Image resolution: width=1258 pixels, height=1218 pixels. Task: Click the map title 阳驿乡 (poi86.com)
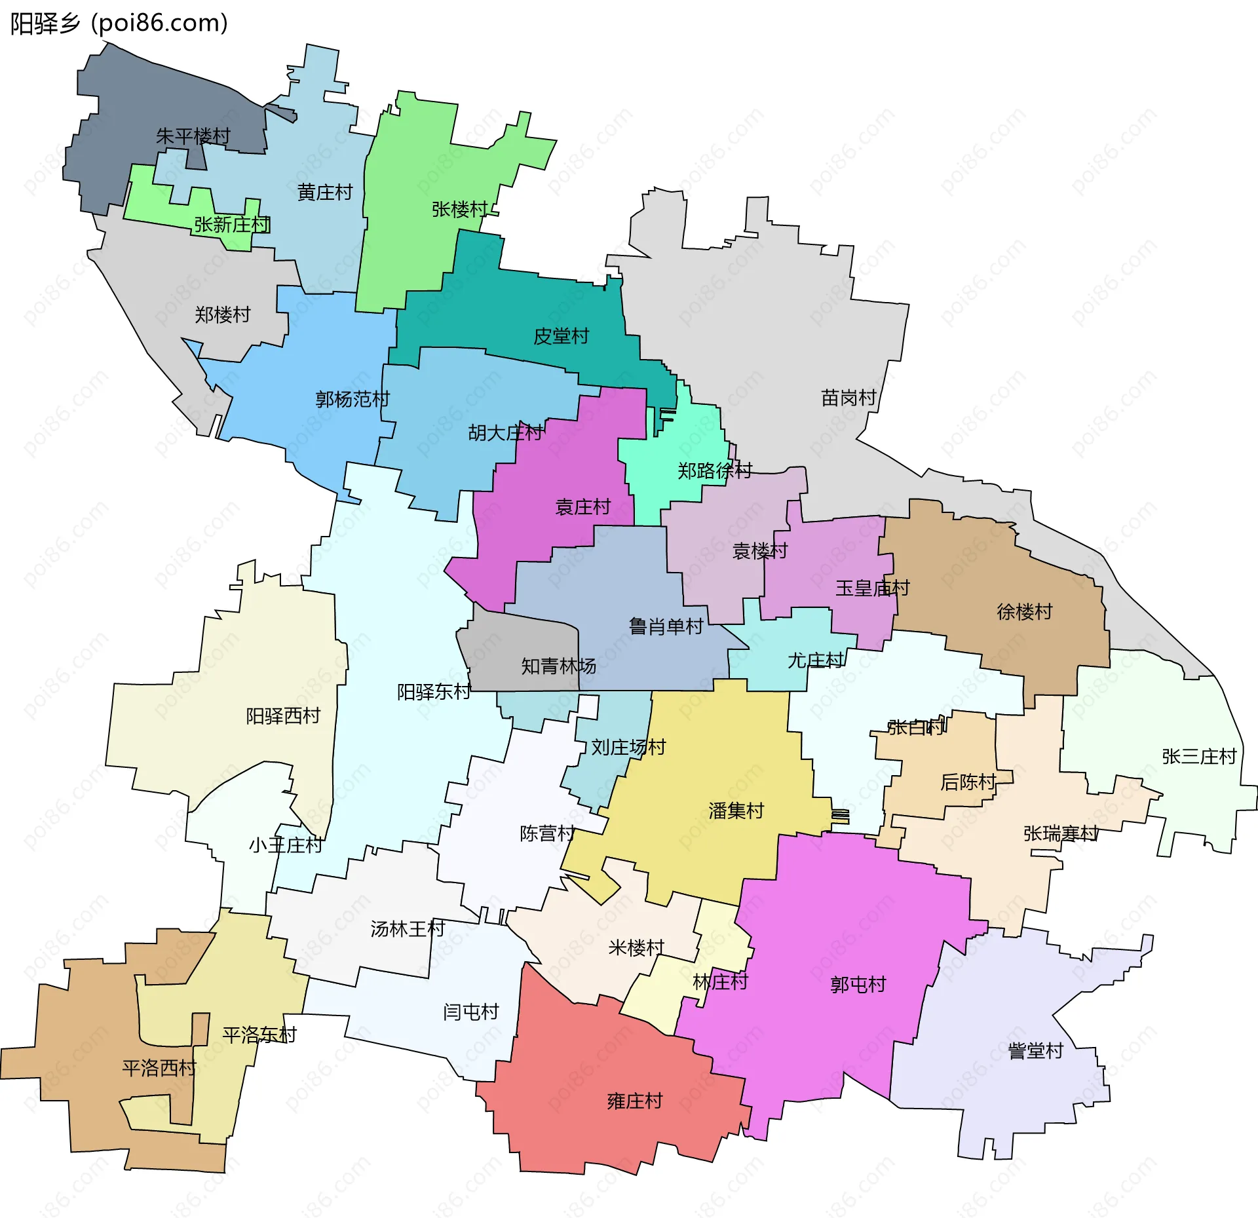pos(119,24)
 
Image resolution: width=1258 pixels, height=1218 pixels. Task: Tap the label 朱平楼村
pos(193,136)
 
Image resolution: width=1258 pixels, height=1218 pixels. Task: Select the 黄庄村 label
pos(325,193)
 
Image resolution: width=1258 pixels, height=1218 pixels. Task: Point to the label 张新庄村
pos(232,225)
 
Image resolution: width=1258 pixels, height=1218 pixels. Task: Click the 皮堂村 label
pos(562,336)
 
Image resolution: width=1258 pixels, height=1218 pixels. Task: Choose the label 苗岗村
pos(848,398)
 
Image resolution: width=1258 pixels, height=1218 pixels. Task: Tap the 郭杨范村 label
pos(353,399)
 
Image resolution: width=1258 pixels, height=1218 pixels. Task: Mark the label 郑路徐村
pos(715,470)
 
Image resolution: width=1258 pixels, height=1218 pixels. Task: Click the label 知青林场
pos(558,666)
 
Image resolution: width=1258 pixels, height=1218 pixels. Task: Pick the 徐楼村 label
pos(1025,612)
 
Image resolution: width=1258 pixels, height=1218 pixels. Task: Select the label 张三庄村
pos(1199,757)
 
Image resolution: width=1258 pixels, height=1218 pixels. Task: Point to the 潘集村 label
pos(736,811)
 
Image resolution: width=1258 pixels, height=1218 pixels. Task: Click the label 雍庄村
pos(635,1101)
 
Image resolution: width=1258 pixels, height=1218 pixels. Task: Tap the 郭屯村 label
pos(858,984)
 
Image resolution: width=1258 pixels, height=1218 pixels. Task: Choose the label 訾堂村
pos(1036,1051)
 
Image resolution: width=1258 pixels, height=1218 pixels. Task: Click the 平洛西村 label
pos(159,1069)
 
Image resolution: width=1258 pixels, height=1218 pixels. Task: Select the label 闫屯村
pos(471,1012)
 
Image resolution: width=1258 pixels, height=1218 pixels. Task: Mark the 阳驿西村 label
pos(283,716)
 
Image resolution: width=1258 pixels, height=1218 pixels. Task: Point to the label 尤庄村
pos(816,660)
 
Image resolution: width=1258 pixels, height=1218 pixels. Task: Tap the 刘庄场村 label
pos(628,747)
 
